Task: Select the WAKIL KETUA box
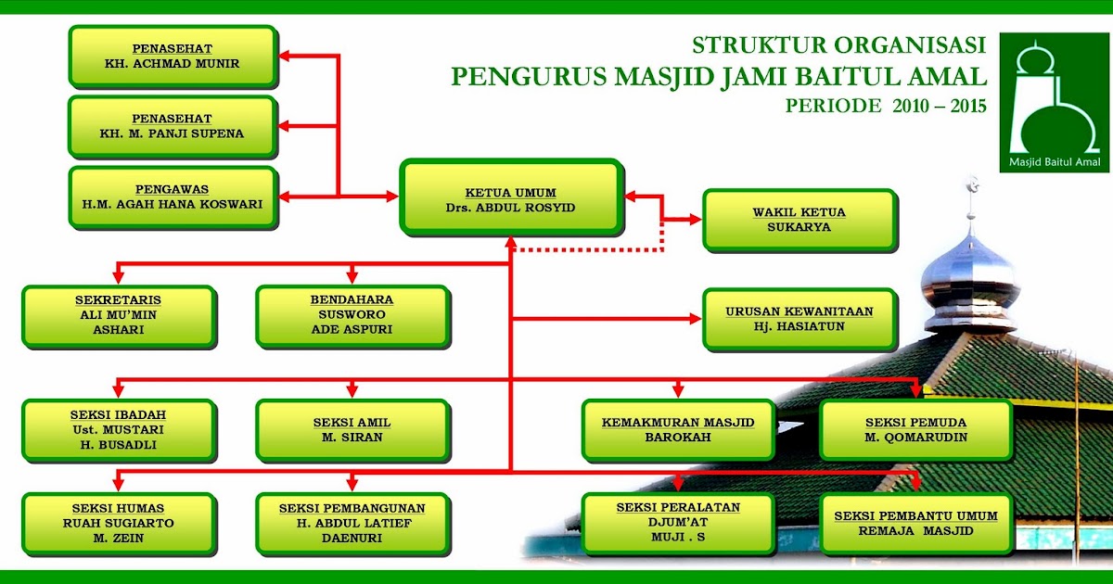coord(799,220)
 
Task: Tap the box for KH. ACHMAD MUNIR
coord(173,57)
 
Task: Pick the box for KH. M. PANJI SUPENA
coord(173,126)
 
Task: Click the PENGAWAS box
coord(173,197)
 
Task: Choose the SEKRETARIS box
coord(119,316)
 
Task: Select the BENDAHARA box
coord(352,316)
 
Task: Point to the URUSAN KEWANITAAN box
coord(799,318)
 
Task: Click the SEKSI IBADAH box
coord(119,429)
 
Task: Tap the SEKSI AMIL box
coord(352,429)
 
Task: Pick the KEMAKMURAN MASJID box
coord(677,429)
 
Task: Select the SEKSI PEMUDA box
coord(915,429)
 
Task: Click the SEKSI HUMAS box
coord(119,523)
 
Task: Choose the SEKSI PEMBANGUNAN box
coord(352,523)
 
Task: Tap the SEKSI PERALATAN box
coord(677,523)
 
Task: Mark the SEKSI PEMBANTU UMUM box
coord(915,523)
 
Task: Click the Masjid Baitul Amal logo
coord(1055,103)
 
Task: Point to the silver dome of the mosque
coord(970,278)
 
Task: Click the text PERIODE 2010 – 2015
coord(886,106)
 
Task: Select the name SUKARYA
coord(799,227)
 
